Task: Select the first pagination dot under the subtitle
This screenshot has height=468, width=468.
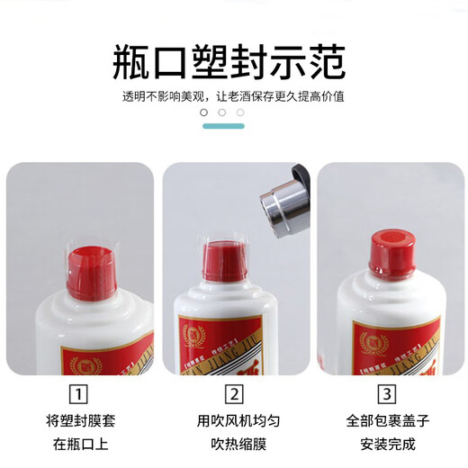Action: [203, 112]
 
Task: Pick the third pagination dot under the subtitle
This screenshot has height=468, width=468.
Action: [240, 112]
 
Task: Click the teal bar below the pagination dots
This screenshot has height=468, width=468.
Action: [222, 126]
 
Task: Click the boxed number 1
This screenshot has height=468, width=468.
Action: [79, 394]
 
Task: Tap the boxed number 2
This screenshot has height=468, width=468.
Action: [234, 394]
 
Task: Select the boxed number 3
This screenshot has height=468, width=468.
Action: [388, 394]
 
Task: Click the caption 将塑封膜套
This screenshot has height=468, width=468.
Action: [80, 420]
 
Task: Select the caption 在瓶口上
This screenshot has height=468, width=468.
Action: [80, 442]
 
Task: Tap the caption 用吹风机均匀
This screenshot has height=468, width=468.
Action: [234, 420]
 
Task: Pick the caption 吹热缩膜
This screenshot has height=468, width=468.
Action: [234, 442]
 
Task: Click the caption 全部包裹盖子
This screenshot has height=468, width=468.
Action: [388, 420]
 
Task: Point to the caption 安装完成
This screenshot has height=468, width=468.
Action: [388, 442]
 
